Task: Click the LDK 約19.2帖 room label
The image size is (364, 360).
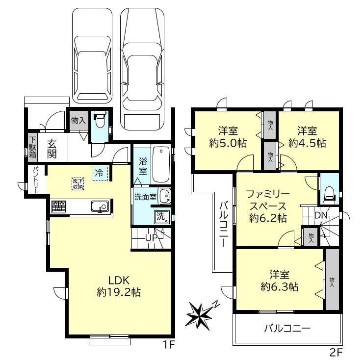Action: tap(118, 286)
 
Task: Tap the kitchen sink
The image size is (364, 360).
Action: tap(100, 207)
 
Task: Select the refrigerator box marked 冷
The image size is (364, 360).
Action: tap(99, 173)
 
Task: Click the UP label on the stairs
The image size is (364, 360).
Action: tap(151, 238)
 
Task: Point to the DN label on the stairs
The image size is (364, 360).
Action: tap(321, 215)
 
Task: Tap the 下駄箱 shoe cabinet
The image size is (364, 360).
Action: tap(32, 145)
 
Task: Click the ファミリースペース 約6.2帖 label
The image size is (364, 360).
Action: tap(267, 206)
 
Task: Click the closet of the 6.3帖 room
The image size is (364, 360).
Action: tap(332, 279)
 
